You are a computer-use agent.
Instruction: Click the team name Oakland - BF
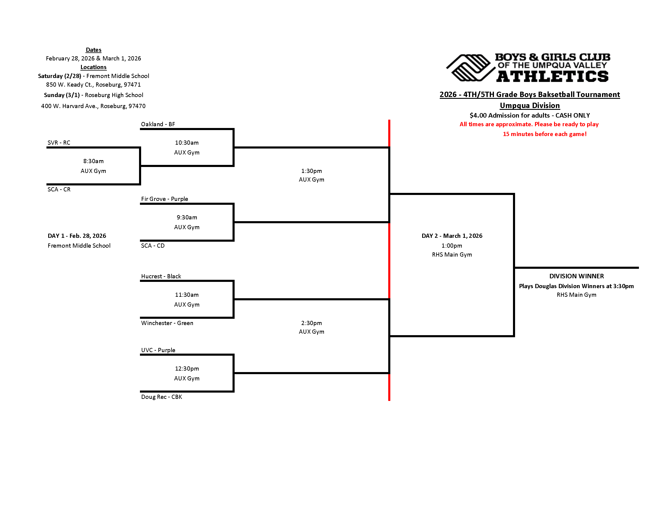158,124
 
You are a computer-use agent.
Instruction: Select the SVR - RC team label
59,143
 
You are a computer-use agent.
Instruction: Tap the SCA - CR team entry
59,189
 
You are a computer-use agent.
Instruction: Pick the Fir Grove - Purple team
165,199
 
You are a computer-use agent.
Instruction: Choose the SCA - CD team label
153,246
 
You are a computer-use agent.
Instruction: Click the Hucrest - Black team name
161,277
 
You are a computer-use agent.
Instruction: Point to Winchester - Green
167,323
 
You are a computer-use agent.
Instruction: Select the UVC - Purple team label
158,350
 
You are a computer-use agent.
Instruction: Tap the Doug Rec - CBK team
162,397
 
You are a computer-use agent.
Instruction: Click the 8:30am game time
93,161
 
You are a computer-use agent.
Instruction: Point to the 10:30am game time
187,143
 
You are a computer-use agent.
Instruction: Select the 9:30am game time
187,217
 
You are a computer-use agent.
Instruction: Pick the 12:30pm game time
187,369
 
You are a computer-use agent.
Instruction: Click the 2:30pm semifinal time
311,323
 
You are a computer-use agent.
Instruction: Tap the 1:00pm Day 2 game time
452,246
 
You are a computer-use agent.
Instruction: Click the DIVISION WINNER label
576,277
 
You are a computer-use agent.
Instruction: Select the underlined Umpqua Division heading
530,106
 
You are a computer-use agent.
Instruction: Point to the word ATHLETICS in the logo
552,76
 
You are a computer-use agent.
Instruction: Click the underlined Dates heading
93,50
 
